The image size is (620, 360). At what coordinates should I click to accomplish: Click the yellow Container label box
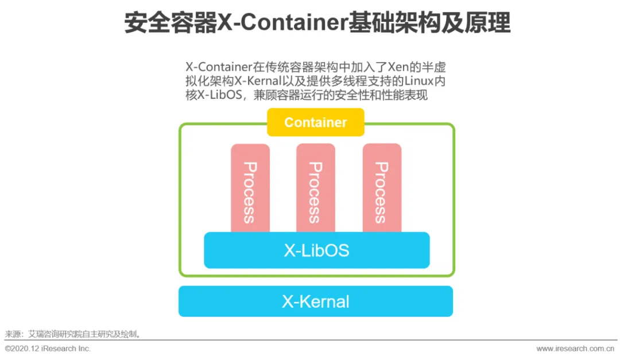coord(315,122)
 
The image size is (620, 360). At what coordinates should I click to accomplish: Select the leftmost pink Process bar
coord(250,187)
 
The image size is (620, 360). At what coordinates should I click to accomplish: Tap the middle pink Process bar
coord(315,187)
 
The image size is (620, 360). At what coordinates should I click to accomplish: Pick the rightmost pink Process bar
coord(382,187)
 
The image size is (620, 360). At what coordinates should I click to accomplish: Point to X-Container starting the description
coord(219,67)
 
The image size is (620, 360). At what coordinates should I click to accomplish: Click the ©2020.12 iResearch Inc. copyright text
coord(48,349)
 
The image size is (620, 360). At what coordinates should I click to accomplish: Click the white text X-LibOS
coord(316,250)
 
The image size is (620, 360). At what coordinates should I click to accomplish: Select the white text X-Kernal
coord(315,301)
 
